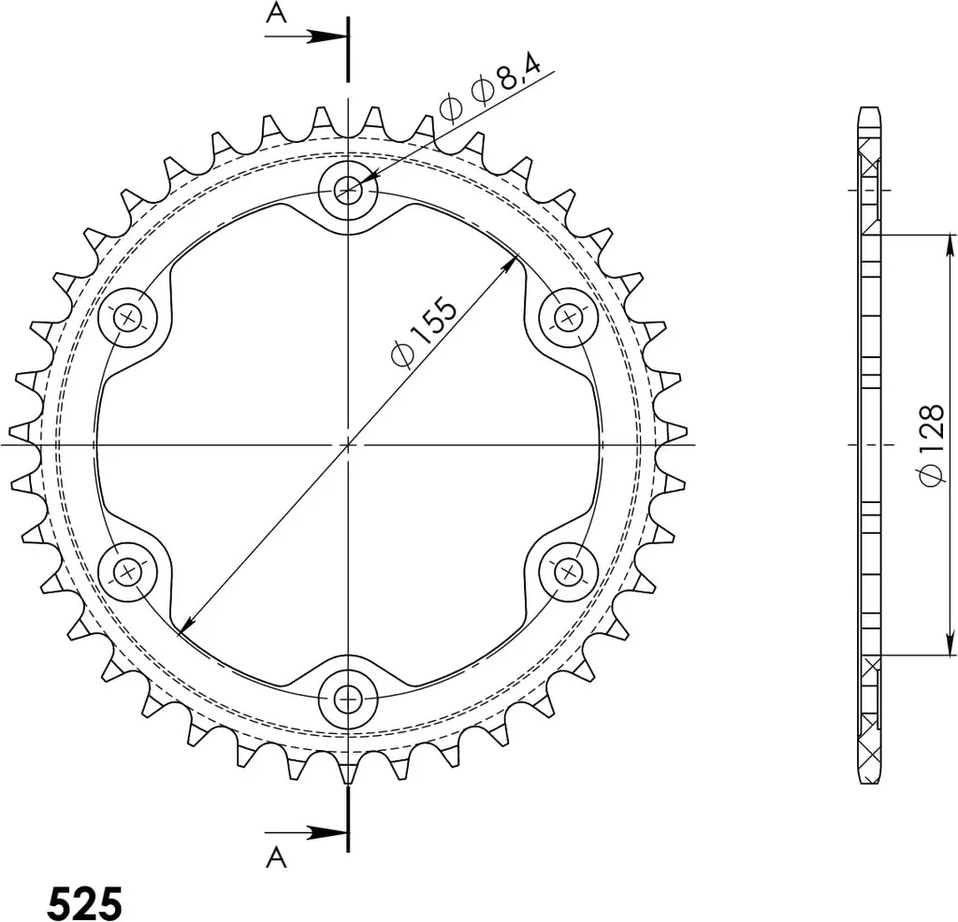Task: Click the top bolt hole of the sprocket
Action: tap(348, 191)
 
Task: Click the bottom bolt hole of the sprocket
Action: tap(348, 698)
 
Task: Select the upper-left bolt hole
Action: tap(128, 318)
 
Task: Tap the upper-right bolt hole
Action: tap(569, 318)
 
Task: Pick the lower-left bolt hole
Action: tap(128, 572)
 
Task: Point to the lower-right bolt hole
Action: tap(569, 572)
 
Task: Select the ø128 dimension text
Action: tap(933, 445)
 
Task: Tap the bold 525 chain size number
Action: tap(85, 902)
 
